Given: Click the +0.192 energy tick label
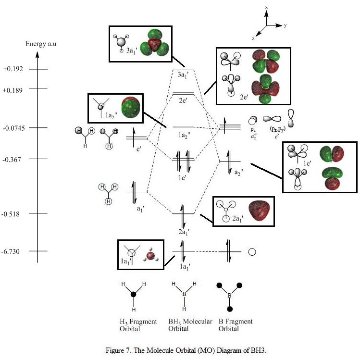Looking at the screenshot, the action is point(13,69).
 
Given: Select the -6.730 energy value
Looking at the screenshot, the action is point(11,251).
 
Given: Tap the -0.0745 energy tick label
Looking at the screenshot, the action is point(14,128).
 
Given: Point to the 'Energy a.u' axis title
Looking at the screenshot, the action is point(41,44).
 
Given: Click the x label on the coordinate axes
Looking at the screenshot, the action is point(266,7).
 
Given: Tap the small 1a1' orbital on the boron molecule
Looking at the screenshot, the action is point(150,256).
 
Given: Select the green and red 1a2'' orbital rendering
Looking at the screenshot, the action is point(130,108).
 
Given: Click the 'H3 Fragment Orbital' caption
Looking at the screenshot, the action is point(138,325).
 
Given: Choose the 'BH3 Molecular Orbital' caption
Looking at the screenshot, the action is point(190,325).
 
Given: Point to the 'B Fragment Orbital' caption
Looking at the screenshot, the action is point(235,325).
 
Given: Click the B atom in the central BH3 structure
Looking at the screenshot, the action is point(184,294).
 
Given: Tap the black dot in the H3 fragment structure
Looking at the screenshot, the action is point(134,294).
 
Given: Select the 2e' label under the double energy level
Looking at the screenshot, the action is point(183,100).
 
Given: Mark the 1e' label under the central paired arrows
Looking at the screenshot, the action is point(182,177).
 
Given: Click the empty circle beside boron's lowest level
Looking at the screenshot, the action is point(252,251).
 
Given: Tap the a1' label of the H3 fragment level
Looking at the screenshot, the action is point(140,209).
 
